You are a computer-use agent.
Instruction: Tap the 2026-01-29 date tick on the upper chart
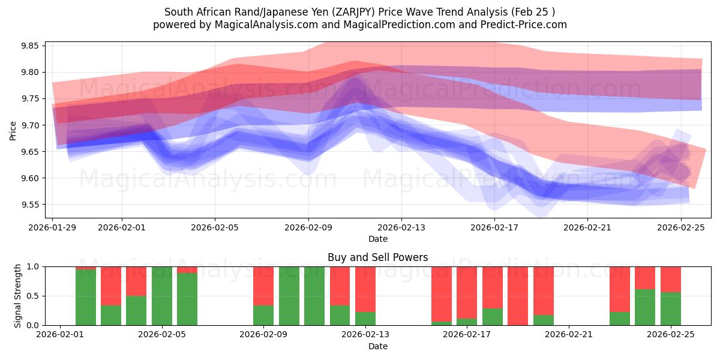[x=53, y=227]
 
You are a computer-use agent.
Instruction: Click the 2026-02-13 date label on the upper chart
[x=401, y=227]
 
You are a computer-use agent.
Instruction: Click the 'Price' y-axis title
[x=13, y=130]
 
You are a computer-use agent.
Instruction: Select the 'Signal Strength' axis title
[x=18, y=295]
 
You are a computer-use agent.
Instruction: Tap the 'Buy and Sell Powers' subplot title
[x=377, y=257]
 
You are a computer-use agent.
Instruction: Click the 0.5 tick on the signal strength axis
[x=34, y=296]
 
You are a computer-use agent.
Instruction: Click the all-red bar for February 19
[x=518, y=295]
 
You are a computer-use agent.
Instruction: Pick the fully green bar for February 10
[x=289, y=295]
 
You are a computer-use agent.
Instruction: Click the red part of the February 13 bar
[x=365, y=288]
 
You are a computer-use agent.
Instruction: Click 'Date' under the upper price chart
[x=377, y=239]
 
